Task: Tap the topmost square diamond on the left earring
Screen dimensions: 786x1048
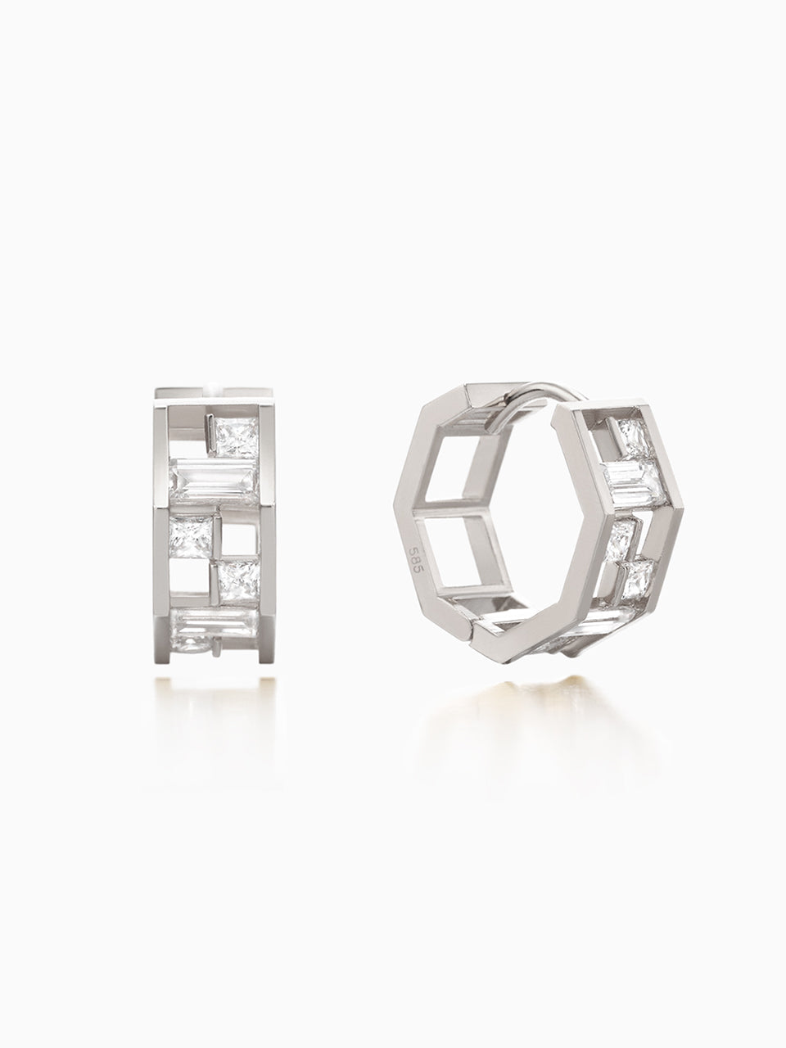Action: (237, 438)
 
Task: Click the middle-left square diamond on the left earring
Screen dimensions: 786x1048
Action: (191, 538)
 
